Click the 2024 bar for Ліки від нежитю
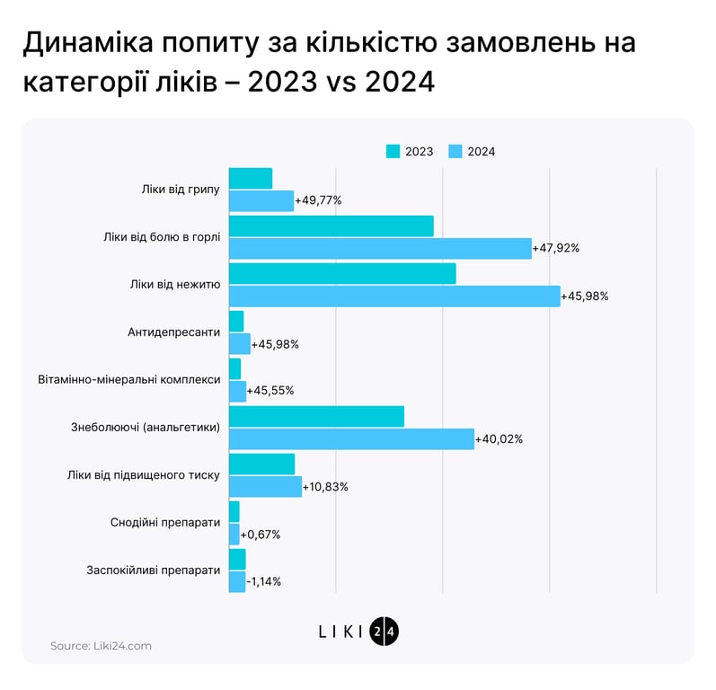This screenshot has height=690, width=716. [394, 296]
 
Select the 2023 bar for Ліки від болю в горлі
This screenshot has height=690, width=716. [331, 226]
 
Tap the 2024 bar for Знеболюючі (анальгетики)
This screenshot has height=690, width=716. [351, 438]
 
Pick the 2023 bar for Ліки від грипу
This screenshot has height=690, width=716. [251, 178]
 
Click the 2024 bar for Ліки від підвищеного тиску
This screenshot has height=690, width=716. [265, 486]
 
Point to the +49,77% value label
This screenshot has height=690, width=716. [318, 200]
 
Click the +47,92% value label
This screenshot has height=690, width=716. [556, 248]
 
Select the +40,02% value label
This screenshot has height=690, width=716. [499, 439]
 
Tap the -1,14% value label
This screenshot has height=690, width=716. [263, 581]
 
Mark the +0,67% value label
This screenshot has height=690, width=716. [261, 535]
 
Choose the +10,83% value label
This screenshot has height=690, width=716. [325, 487]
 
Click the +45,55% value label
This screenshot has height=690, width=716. [270, 391]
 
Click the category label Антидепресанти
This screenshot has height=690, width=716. [174, 332]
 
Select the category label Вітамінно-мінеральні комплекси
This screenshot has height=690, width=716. [129, 379]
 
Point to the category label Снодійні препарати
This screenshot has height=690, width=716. [165, 522]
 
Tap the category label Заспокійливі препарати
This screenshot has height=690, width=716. [154, 570]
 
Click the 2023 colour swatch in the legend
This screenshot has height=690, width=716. [393, 151]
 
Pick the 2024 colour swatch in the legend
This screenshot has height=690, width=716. [455, 151]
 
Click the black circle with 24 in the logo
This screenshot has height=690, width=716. [384, 631]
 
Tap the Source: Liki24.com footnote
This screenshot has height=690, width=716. [101, 645]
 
